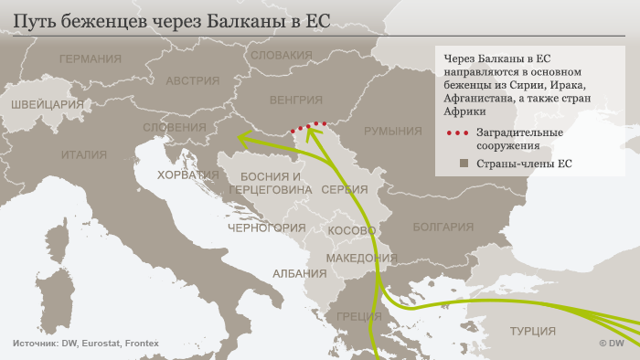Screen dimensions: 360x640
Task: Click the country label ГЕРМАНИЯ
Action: coord(89,59)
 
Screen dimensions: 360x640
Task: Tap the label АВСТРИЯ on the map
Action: coord(191,79)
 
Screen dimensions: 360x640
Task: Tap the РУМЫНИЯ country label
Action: coord(392,132)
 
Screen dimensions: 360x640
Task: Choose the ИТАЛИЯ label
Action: coord(84,154)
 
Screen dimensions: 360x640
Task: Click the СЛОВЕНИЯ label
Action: coord(174,128)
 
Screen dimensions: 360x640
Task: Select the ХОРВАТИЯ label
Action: coord(187,174)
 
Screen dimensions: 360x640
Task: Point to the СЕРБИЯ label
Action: coord(345,189)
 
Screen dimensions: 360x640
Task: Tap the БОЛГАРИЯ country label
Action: coord(443,226)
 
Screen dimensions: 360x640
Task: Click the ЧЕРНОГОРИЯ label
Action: coord(266,227)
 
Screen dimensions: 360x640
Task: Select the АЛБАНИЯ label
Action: coord(298,273)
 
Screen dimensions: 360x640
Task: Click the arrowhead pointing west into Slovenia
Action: coord(243,138)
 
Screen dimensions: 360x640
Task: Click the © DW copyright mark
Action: coord(610,344)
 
